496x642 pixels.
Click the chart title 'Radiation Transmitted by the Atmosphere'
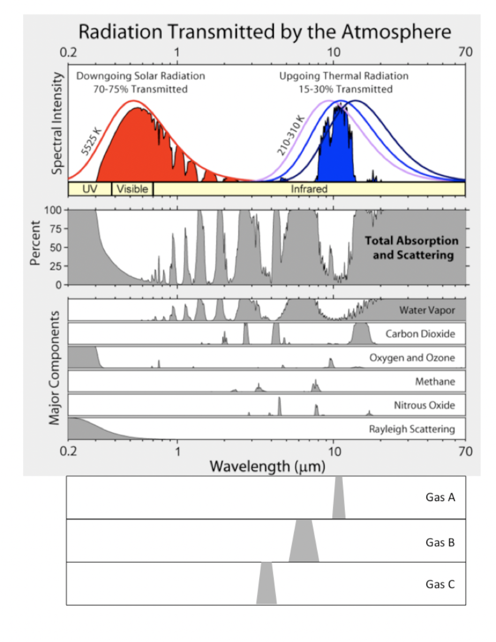click(265, 32)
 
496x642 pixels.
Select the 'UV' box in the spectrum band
click(89, 189)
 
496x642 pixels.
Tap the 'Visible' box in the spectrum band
click(132, 189)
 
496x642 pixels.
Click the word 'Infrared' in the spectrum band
click(309, 189)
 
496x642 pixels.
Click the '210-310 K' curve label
click(290, 139)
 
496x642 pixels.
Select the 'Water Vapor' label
click(427, 310)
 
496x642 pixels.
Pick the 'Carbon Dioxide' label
click(420, 334)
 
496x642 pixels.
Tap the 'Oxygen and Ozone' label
click(412, 357)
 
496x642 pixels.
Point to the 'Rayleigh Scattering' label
click(412, 429)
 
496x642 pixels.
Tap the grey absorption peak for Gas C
click(266, 587)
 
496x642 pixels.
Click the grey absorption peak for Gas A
click(339, 501)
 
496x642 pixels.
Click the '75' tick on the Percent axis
click(55, 229)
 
